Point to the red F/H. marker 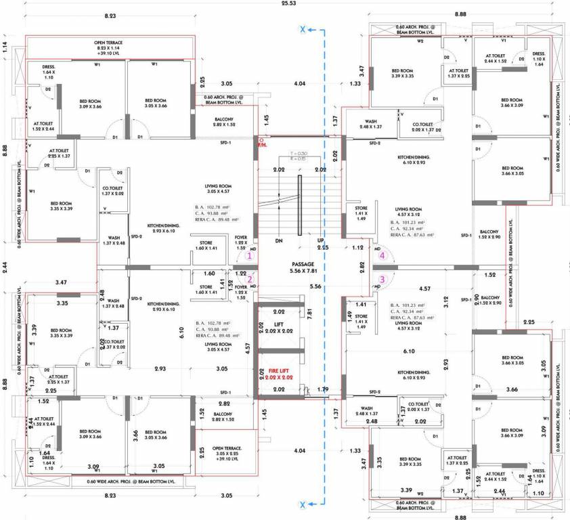pos(263,143)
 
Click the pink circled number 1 pos(249,255)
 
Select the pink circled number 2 pos(249,278)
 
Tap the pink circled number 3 pos(382,278)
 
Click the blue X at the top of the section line pos(303,29)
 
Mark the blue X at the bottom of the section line pos(303,504)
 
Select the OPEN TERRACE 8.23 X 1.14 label pos(108,46)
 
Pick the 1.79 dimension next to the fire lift pos(323,389)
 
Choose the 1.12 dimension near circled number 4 pos(357,248)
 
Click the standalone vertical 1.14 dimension pos(5,47)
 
